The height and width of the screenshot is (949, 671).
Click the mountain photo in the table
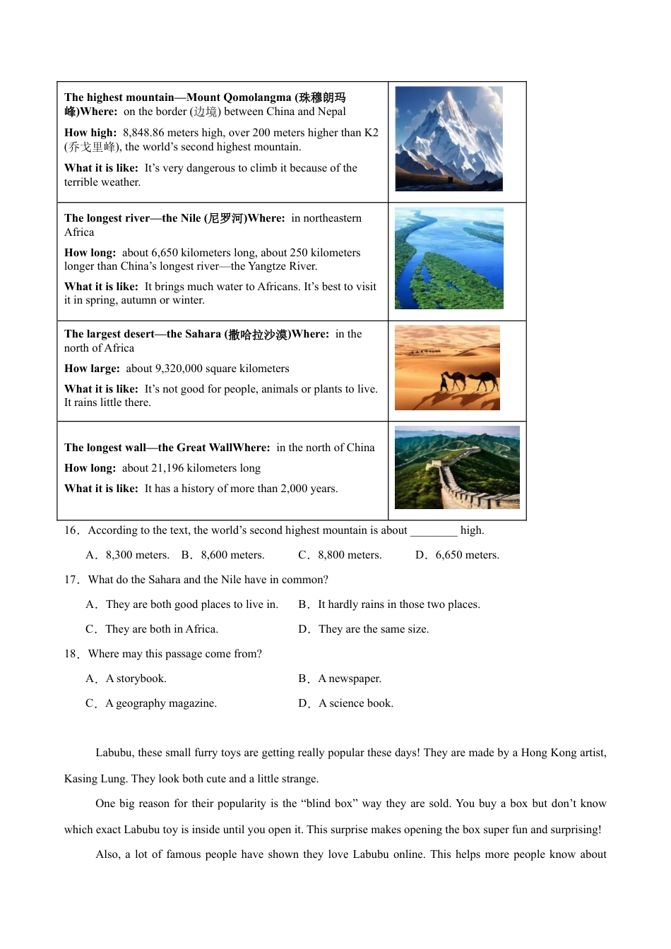pos(449,138)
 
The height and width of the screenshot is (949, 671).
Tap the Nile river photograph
pos(449,258)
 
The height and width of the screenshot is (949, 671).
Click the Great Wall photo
pos(457,467)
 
